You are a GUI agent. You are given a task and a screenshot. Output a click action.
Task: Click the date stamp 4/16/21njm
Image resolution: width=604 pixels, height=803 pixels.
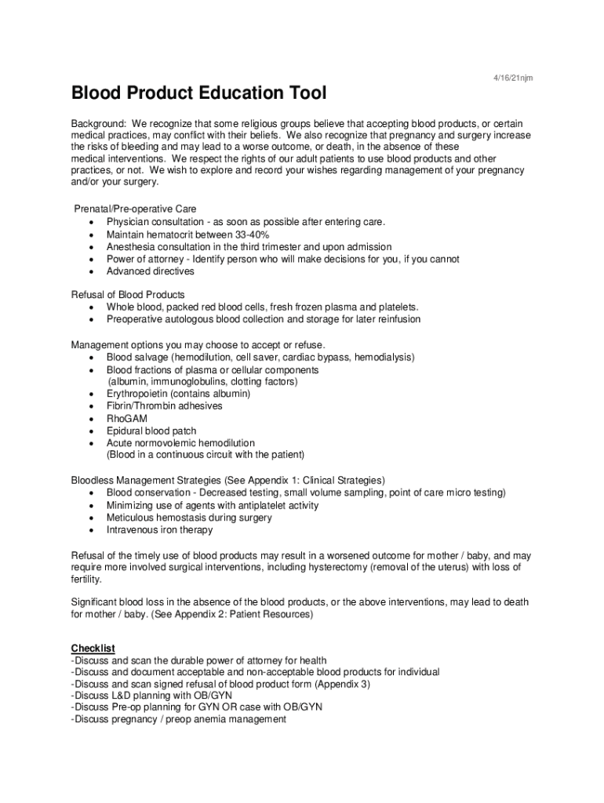[x=513, y=78]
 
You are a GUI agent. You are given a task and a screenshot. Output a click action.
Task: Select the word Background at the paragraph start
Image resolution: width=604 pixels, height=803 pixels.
[x=98, y=124]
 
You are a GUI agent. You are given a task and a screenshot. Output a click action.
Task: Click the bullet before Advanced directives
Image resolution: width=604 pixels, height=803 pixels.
[x=93, y=271]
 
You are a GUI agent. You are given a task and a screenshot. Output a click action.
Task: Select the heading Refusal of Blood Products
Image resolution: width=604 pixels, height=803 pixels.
[x=128, y=295]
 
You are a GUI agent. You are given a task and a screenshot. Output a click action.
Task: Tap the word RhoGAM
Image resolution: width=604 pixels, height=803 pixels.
[x=127, y=419]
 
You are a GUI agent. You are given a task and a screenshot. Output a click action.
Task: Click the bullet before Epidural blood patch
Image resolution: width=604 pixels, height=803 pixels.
[x=93, y=431]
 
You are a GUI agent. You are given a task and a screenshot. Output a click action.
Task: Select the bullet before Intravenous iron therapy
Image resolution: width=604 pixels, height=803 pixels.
[x=93, y=530]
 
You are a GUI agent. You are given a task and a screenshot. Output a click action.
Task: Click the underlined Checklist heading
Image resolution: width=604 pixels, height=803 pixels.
[x=93, y=648]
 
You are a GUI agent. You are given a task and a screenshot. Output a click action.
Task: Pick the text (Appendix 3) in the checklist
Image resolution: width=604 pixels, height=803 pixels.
[x=344, y=684]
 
